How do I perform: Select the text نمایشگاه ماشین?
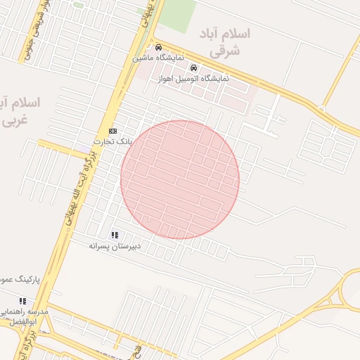pos(159,56)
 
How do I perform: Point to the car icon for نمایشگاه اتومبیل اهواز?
pos(194,68)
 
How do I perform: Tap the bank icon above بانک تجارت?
pos(112,131)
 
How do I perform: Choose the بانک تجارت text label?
pos(112,141)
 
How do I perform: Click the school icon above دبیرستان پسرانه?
pos(115,235)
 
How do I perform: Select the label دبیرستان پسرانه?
pos(115,245)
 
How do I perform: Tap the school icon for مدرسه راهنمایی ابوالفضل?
pos(22,301)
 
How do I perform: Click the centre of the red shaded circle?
pos(180,179)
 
